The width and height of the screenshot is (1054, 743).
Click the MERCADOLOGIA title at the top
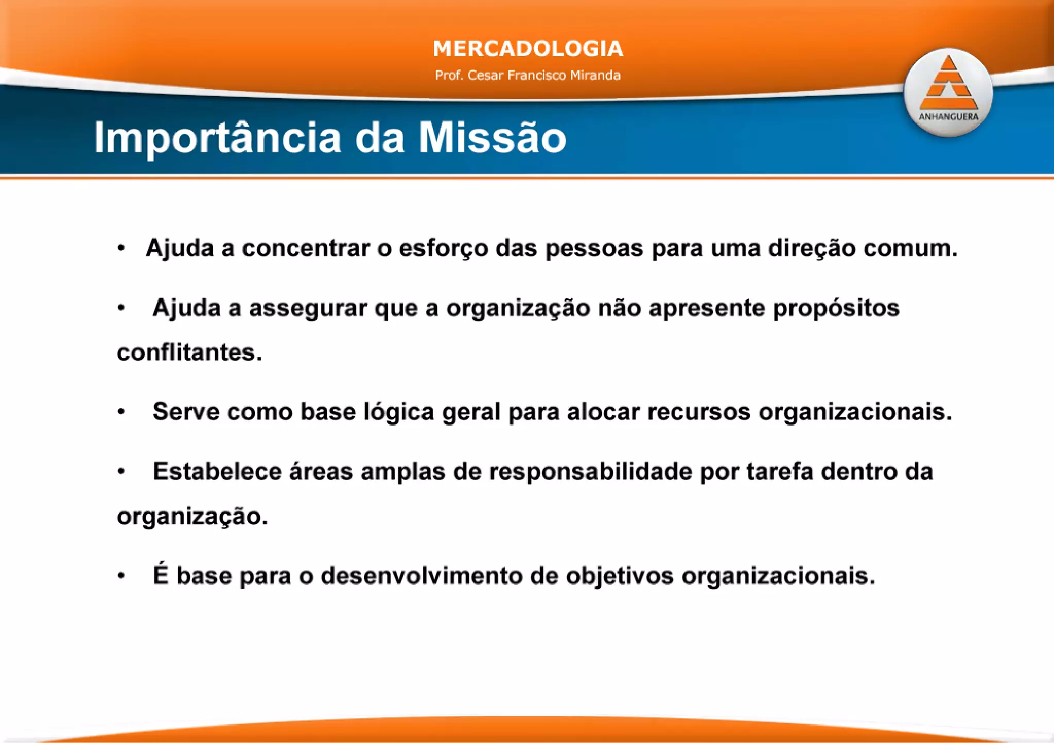(x=528, y=49)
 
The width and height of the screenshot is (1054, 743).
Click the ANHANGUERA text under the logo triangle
(x=948, y=117)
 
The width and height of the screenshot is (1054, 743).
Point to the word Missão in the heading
(x=492, y=138)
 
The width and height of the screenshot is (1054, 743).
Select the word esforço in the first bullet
(x=443, y=249)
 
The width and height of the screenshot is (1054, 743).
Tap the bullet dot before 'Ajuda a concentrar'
(x=121, y=249)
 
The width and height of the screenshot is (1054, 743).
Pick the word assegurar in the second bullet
(x=308, y=308)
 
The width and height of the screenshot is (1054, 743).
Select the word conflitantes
(x=189, y=353)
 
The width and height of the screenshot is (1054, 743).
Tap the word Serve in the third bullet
(x=186, y=412)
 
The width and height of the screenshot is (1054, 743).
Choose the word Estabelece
(x=217, y=471)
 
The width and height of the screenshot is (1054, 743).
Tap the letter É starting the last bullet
(x=161, y=575)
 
